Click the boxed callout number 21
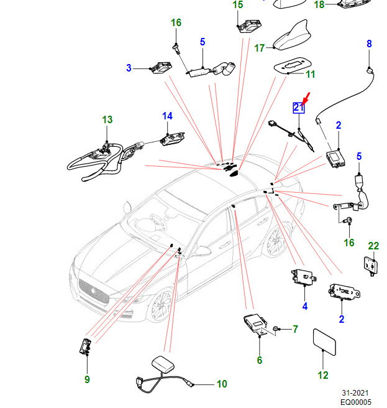[x=299, y=108]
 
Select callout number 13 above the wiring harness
[x=107, y=119]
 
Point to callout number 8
[x=369, y=44]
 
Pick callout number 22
[x=373, y=246]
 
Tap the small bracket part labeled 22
[x=371, y=264]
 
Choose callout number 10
[x=222, y=384]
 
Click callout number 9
[x=87, y=379]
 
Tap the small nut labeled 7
[x=277, y=328]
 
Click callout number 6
[x=259, y=360]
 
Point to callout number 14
[x=168, y=116]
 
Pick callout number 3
[x=129, y=67]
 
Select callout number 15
[x=238, y=5]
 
